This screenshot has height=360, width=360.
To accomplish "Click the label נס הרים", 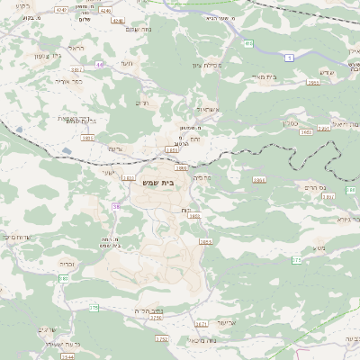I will coord(314,187).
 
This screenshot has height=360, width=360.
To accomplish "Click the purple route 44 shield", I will coord(100,64).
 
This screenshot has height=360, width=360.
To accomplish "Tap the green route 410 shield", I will coord(247,42).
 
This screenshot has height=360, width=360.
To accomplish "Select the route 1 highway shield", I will coord(289,58).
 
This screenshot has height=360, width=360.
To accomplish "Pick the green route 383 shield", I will coord(64,278).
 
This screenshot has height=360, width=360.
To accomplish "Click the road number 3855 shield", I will coord(205,242).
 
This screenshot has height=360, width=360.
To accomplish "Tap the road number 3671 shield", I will coord(201,324).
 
